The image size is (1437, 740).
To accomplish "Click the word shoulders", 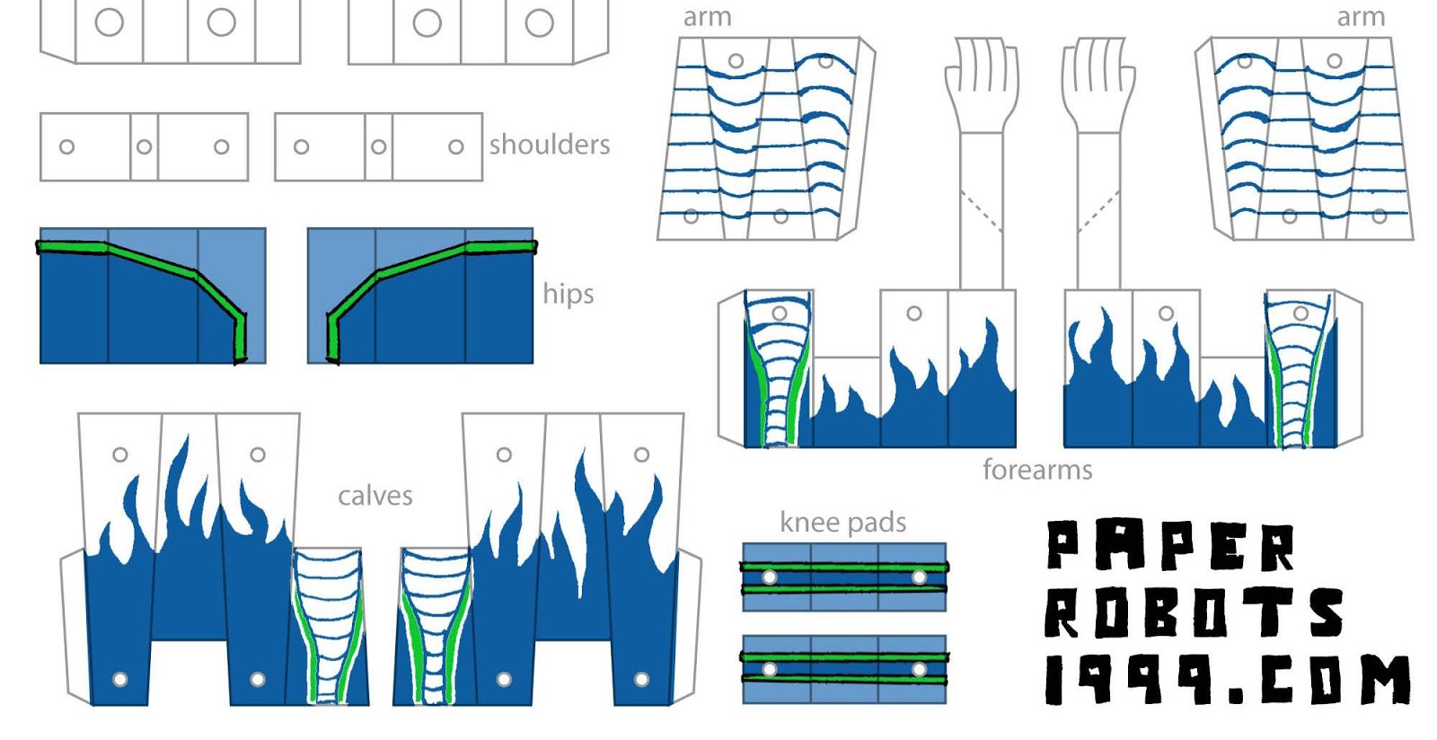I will click(549, 145).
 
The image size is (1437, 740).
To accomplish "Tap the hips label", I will click(568, 294).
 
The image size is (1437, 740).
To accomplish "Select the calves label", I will click(375, 496).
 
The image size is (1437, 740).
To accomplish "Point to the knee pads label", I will click(842, 522).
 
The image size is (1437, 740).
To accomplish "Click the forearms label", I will click(1036, 470).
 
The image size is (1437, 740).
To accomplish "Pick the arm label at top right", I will click(1361, 17).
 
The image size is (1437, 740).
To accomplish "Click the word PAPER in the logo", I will click(1170, 546).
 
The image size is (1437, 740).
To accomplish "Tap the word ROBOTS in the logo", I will click(1194, 613).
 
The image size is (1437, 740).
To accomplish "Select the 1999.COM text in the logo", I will click(1227, 679).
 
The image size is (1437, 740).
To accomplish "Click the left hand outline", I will click(982, 81).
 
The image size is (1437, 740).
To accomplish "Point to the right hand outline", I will click(1098, 81).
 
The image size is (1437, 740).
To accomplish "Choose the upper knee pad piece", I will click(843, 577).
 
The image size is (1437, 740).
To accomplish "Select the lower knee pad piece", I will click(843, 669).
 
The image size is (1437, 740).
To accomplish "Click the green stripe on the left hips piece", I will click(153, 260).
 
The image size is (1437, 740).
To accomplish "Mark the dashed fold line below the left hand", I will click(981, 211).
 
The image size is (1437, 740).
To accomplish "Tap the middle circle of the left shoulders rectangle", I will click(144, 146).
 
